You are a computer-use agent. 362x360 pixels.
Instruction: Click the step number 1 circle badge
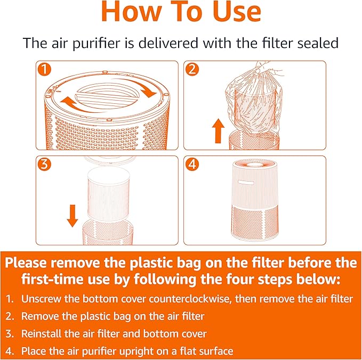44,70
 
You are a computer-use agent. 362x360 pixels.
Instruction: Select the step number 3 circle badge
44,165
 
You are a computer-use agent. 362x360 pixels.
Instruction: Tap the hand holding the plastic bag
263,68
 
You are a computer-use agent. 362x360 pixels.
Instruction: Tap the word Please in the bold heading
31,263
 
